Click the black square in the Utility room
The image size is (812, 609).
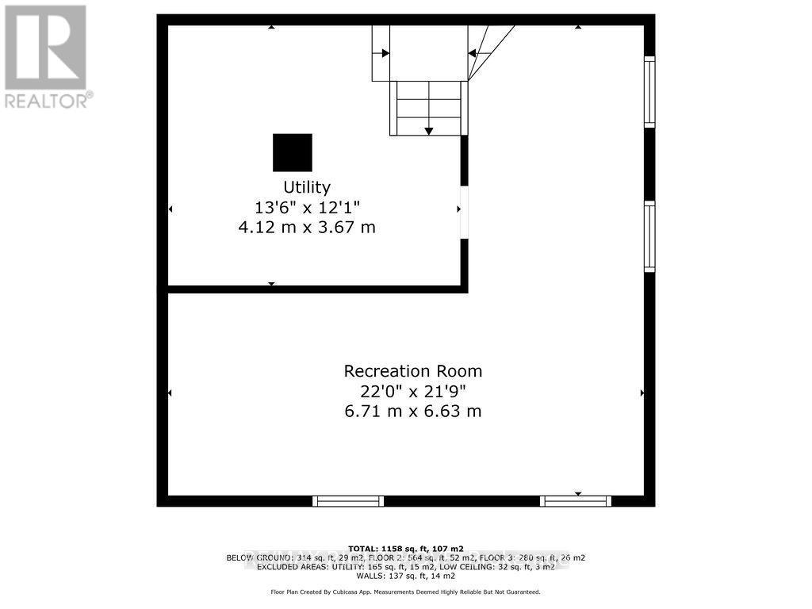pyautogui.click(x=293, y=152)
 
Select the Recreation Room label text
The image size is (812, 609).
pyautogui.click(x=412, y=371)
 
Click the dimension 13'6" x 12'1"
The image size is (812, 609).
pyautogui.click(x=307, y=208)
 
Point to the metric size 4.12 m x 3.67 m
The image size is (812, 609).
pyautogui.click(x=307, y=228)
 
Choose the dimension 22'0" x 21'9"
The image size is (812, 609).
pyautogui.click(x=412, y=391)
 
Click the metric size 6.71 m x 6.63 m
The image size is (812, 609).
pyautogui.click(x=412, y=412)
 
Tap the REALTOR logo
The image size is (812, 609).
pyautogui.click(x=46, y=56)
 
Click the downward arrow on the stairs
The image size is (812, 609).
pyautogui.click(x=428, y=130)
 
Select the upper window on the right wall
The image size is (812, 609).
pyautogui.click(x=649, y=92)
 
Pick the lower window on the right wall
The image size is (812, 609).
pyautogui.click(x=649, y=236)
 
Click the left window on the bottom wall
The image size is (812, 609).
pyautogui.click(x=348, y=501)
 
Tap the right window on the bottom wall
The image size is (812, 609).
pyautogui.click(x=576, y=501)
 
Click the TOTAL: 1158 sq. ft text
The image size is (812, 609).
pyautogui.click(x=406, y=548)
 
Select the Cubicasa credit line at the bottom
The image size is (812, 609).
pyautogui.click(x=406, y=592)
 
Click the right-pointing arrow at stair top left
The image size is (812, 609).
pyautogui.click(x=385, y=53)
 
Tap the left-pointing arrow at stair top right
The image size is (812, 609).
pyautogui.click(x=472, y=53)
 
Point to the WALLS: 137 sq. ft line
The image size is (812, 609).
pyautogui.click(x=406, y=576)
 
